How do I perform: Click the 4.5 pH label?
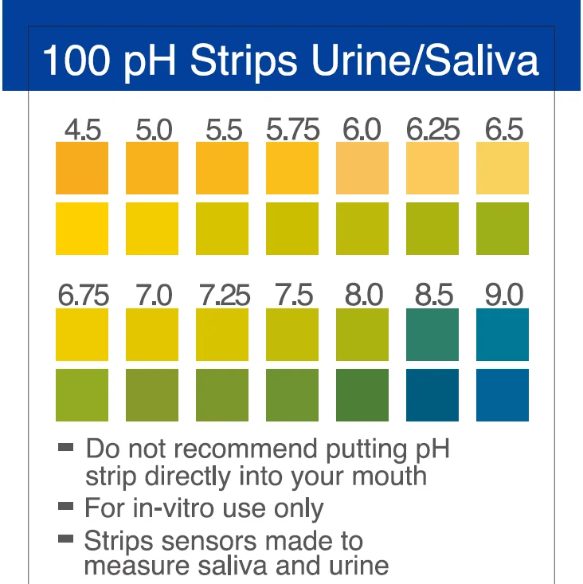point(82,129)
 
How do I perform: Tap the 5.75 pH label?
point(292,129)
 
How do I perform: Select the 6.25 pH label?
point(432,129)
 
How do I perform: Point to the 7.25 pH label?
point(223,296)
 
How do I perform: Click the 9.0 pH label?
point(503,296)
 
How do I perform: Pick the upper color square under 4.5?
point(82,167)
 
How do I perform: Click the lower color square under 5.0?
point(152,229)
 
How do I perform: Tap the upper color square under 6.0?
point(362,167)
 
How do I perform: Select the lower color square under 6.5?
point(503,229)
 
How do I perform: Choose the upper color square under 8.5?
point(432,335)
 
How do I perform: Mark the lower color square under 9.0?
point(503,395)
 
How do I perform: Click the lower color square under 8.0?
point(362,395)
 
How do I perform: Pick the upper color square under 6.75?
point(82,335)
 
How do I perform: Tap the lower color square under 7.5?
point(292,395)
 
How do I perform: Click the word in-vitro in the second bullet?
point(170,508)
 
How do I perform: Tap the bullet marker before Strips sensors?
point(65,539)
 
